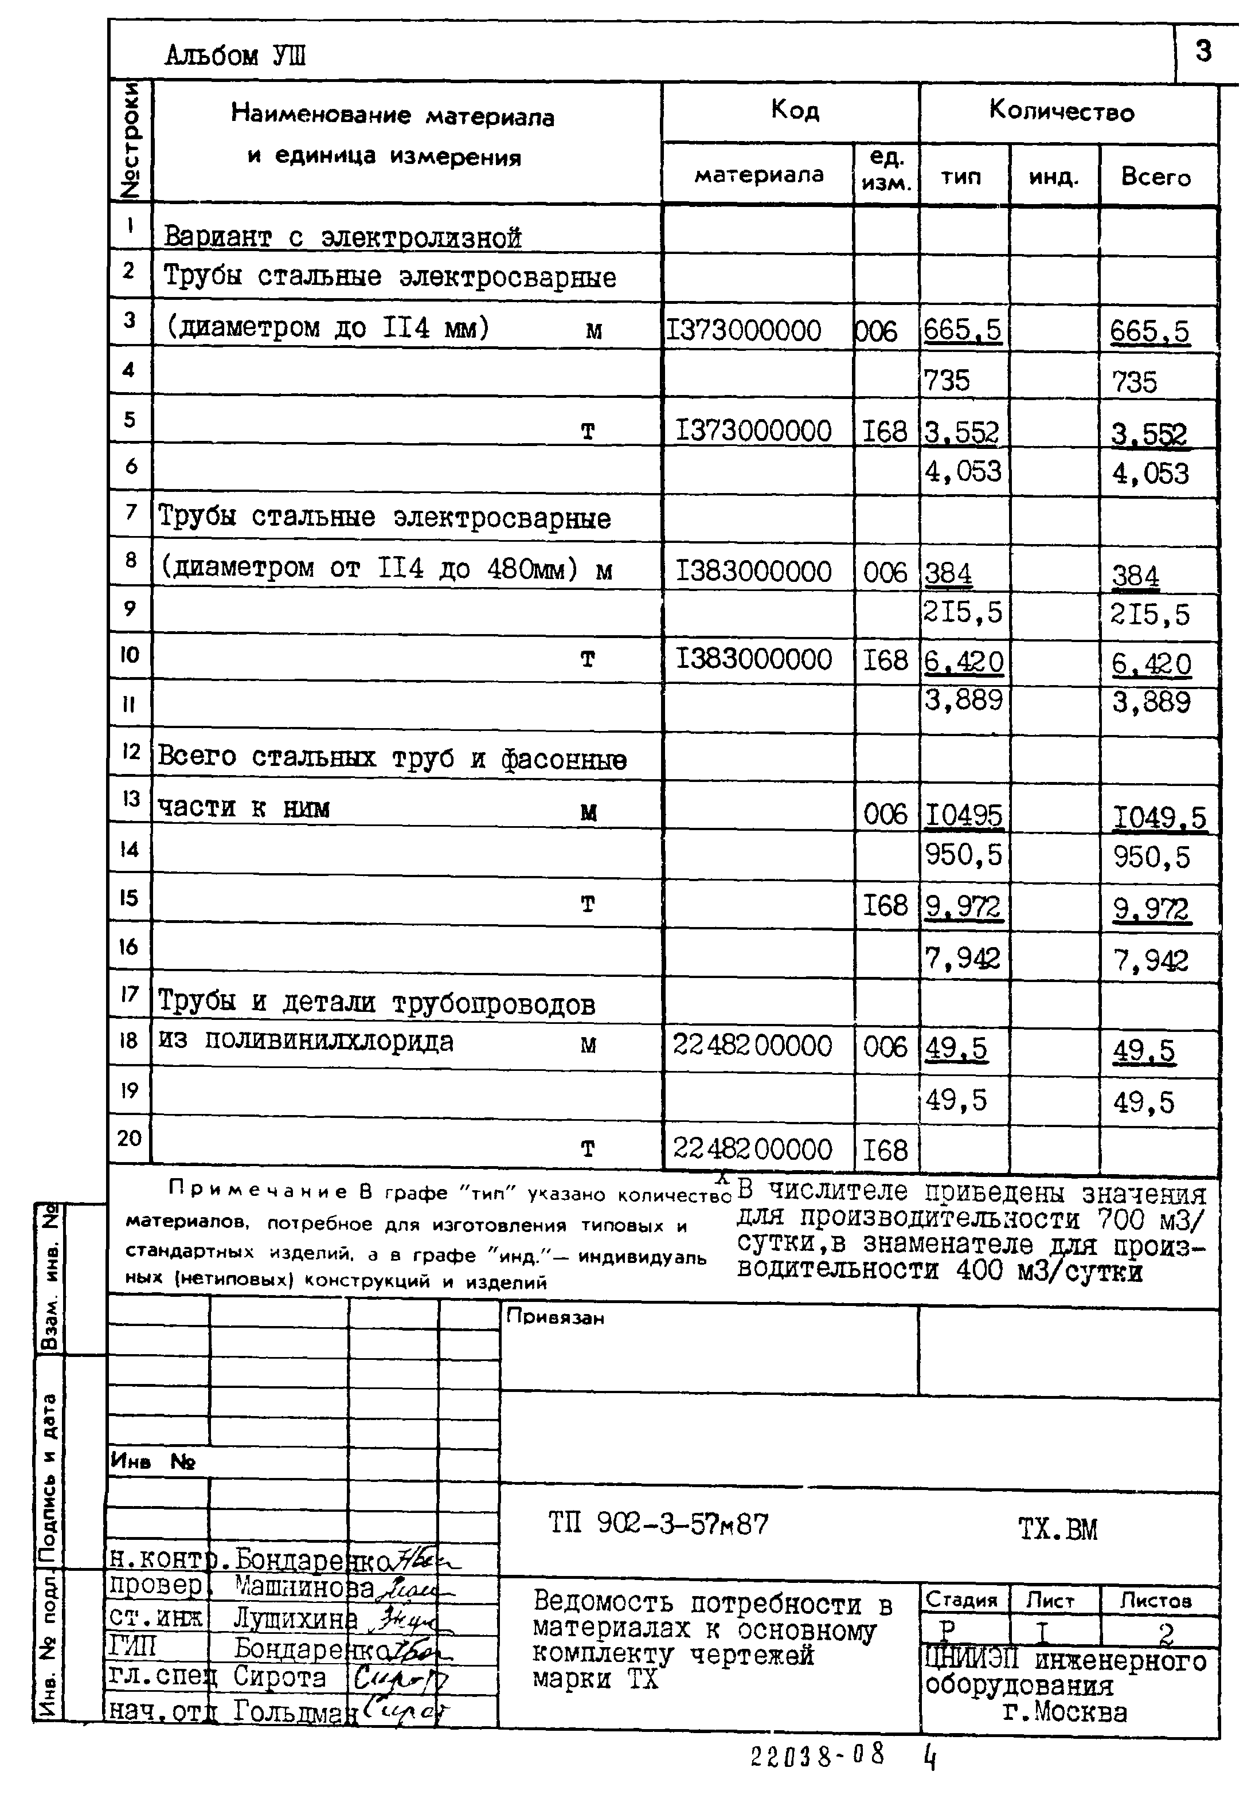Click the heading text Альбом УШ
pyautogui.click(x=234, y=56)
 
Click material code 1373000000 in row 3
pyautogui.click(x=743, y=331)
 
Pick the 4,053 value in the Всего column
pyautogui.click(x=1149, y=474)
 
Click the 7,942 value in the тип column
pyautogui.click(x=962, y=959)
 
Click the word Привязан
pyautogui.click(x=555, y=1317)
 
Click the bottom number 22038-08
pyautogui.click(x=817, y=1755)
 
